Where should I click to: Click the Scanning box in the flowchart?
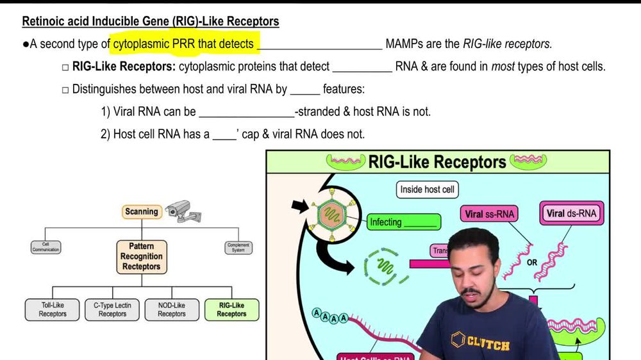(x=142, y=211)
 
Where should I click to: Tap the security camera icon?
(x=178, y=209)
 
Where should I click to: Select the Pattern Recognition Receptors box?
(x=142, y=256)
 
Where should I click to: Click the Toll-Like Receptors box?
(x=53, y=309)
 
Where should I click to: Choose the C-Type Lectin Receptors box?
(x=112, y=309)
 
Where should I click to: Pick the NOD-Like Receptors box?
(x=172, y=309)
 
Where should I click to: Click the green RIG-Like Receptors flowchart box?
(x=231, y=309)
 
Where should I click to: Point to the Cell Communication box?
(x=46, y=247)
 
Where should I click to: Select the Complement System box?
(x=238, y=247)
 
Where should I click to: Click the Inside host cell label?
(x=427, y=190)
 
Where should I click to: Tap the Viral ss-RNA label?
(x=489, y=214)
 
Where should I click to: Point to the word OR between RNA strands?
(x=532, y=263)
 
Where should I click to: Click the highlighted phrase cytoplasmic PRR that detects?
(x=185, y=44)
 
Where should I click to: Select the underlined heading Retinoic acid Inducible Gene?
(x=151, y=21)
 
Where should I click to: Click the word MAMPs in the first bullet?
(x=405, y=44)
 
